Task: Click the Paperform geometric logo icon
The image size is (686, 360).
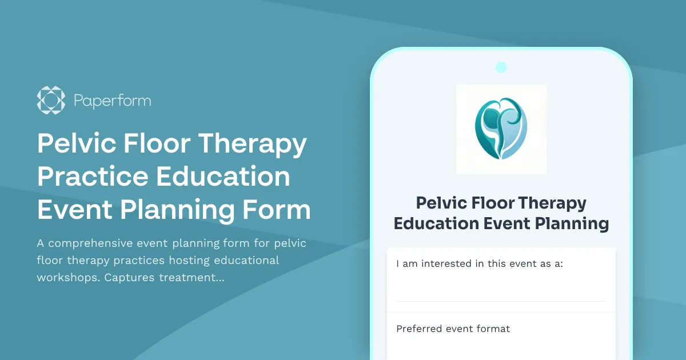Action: coord(51,100)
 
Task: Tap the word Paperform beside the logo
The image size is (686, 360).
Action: coord(112,101)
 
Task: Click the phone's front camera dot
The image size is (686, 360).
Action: coord(501,67)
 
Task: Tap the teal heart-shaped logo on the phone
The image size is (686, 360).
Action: coord(501,129)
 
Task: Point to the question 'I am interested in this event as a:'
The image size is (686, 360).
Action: coord(480,263)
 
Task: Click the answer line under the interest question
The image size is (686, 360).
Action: coord(501,301)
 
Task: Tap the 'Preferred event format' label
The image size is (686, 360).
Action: coord(453,329)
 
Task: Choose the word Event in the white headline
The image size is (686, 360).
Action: coord(74,210)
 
